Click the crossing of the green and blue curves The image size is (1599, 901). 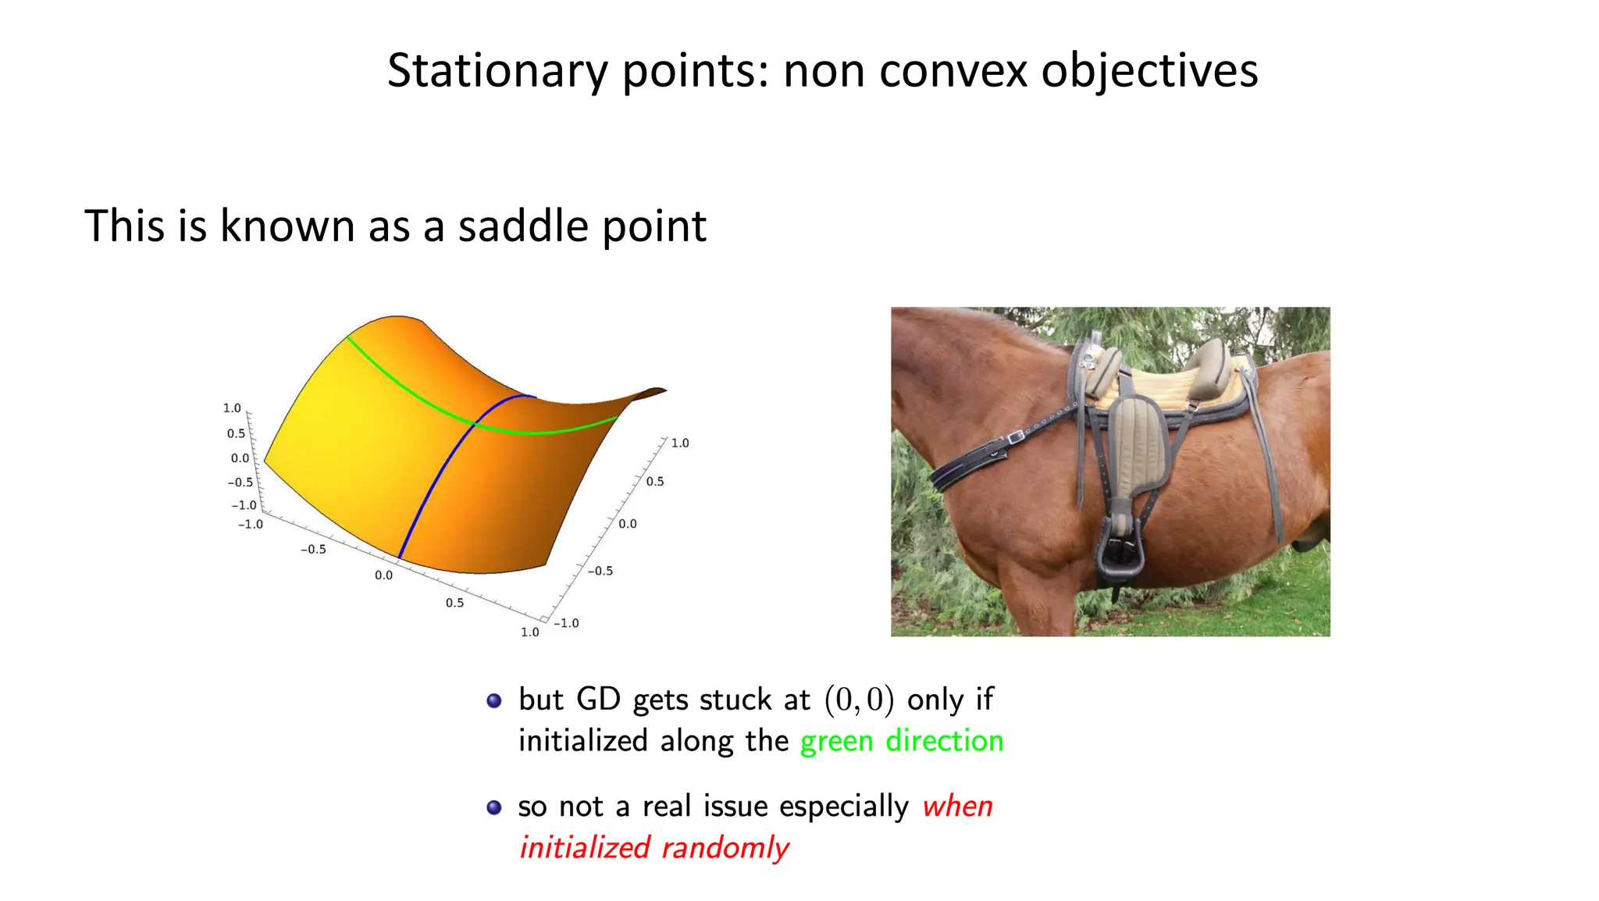pos(475,424)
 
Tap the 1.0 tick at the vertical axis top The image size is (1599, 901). pos(232,408)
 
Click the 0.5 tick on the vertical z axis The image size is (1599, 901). pos(236,433)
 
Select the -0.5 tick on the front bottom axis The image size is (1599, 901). pos(313,550)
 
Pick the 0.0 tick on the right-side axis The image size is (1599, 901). pos(628,524)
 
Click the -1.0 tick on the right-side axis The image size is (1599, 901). pos(566,623)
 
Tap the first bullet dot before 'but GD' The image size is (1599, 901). pos(493,700)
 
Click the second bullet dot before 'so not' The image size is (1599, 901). pos(493,807)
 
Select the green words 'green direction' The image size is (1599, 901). pos(902,741)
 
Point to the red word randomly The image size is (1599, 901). pos(725,848)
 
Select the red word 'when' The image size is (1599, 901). pos(957,807)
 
